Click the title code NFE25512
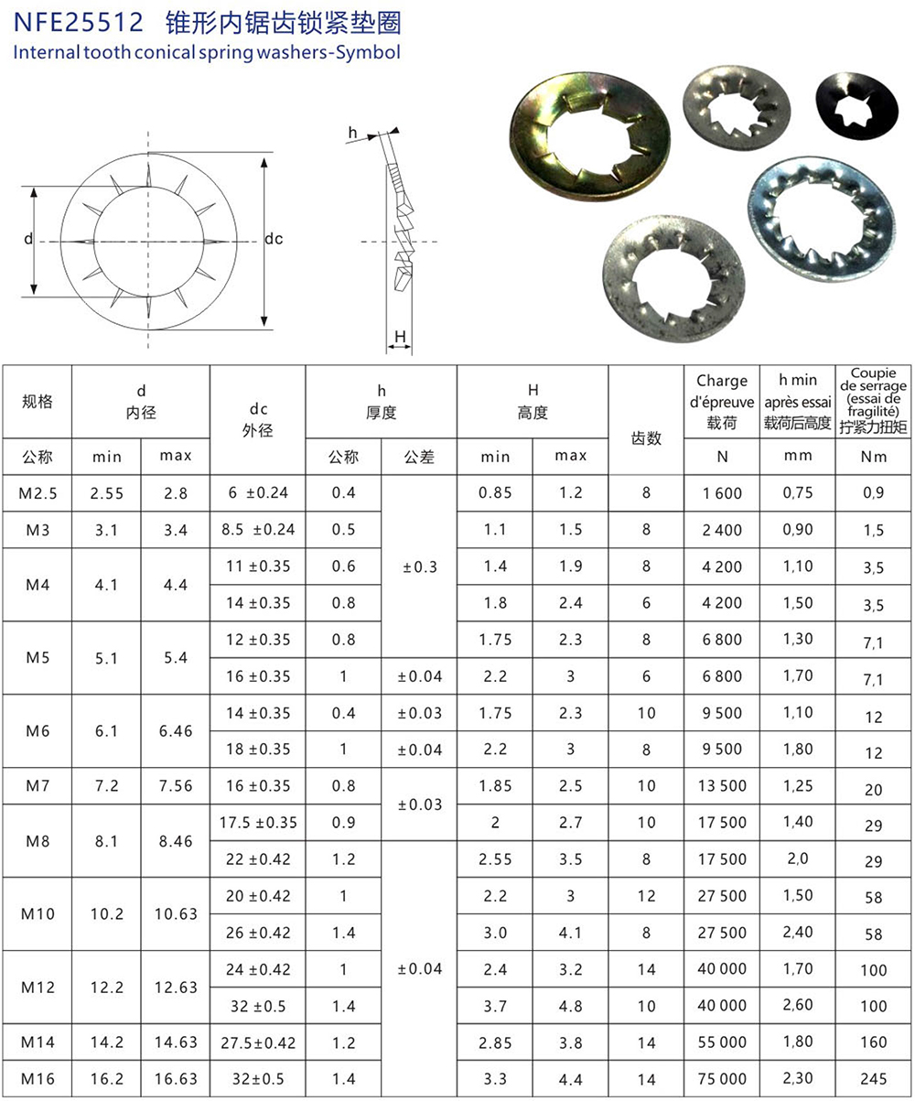tap(78, 22)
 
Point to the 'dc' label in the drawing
tap(274, 239)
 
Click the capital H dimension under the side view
tap(400, 337)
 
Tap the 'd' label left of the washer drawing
tap(28, 239)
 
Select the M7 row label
tap(38, 785)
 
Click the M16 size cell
tap(38, 1079)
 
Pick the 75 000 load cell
tap(722, 1079)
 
